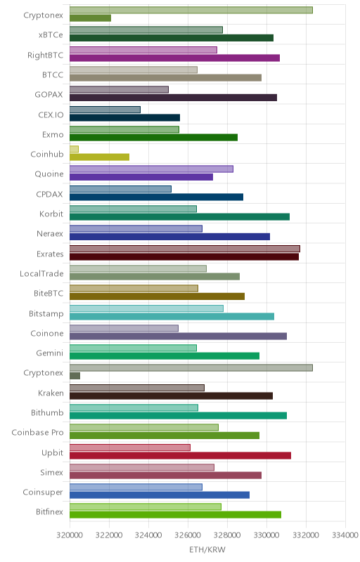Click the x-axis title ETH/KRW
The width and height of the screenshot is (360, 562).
coord(207,549)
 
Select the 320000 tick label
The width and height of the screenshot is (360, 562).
coord(70,535)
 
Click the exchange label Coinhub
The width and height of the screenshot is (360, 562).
coord(47,154)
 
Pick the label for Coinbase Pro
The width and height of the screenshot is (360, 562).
coord(37,432)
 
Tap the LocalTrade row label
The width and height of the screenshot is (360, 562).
coord(41,273)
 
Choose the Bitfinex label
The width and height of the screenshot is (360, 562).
coord(49,512)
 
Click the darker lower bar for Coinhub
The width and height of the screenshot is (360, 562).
coord(99,157)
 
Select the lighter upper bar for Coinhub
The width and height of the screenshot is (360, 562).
coord(74,149)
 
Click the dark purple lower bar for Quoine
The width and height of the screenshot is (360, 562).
coord(141,177)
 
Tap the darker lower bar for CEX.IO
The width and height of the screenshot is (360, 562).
coord(124,117)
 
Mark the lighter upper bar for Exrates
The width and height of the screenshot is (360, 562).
coord(185,249)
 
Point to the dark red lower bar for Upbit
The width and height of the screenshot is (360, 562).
coord(181,455)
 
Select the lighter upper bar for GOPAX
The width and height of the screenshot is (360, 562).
coord(119,90)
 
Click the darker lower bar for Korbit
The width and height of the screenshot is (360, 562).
coord(179,217)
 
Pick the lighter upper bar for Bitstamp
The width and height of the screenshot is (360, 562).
coord(146,308)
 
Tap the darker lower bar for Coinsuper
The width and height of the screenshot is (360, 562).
coord(160,495)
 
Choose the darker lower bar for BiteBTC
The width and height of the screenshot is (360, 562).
coord(157,296)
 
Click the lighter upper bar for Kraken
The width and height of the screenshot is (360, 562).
coord(137,388)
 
